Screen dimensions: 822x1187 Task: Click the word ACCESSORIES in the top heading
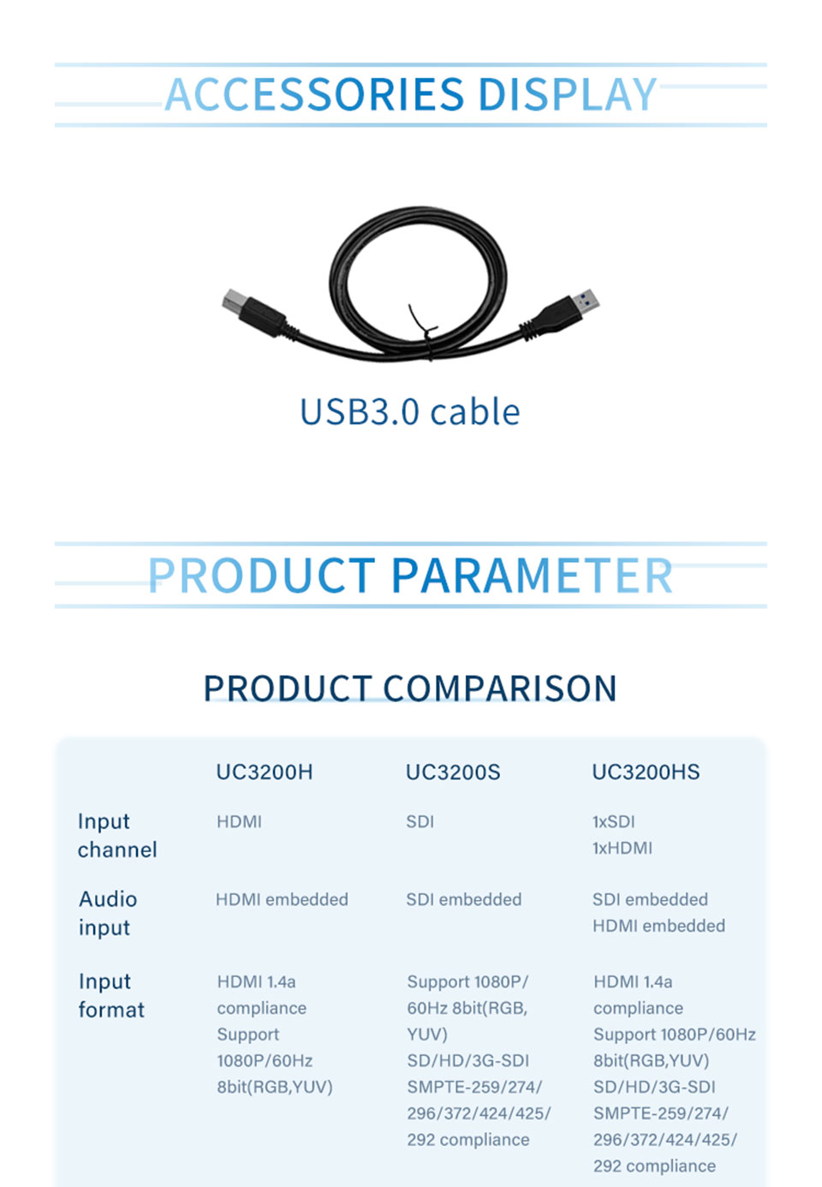(x=314, y=94)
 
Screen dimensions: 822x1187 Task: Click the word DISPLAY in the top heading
(x=568, y=94)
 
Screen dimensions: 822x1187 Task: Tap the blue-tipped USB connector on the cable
(x=587, y=301)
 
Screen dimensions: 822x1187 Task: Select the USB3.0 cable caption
(x=410, y=412)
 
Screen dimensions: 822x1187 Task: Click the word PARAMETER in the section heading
(x=532, y=576)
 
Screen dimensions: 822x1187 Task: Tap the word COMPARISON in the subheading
(x=499, y=689)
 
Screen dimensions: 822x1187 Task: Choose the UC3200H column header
(x=265, y=772)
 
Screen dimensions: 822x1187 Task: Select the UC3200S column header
(x=453, y=772)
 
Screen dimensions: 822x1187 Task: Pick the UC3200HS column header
(x=646, y=772)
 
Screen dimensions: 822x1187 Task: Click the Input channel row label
(x=117, y=836)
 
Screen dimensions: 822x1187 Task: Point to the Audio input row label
(x=108, y=914)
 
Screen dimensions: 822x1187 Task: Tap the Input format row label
(x=111, y=996)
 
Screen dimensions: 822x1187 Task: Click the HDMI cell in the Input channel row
(x=239, y=822)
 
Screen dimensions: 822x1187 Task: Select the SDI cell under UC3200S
(x=420, y=822)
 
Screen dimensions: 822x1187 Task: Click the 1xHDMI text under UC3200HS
(x=622, y=849)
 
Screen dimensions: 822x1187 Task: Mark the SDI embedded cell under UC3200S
(x=464, y=900)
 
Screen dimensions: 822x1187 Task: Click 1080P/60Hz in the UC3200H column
(x=265, y=1061)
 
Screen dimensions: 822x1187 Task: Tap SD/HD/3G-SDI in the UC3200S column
(x=468, y=1061)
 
